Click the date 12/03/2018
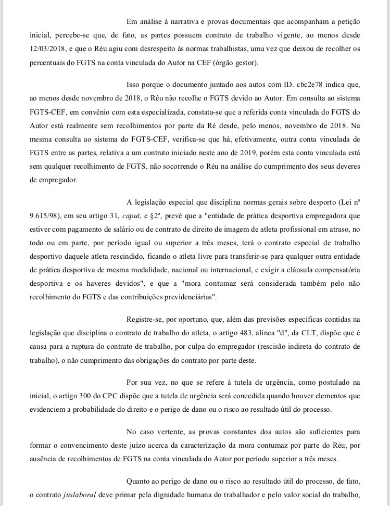coord(48,51)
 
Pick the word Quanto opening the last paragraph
coord(139,482)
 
